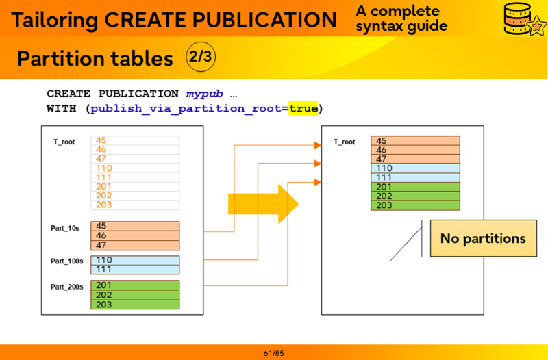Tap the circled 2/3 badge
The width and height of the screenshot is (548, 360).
(200, 57)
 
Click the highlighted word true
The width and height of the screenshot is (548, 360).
(303, 108)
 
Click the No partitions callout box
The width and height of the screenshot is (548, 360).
(483, 238)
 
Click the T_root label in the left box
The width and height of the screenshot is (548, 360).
(64, 142)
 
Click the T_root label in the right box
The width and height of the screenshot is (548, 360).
(345, 142)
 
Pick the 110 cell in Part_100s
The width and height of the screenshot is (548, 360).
(134, 260)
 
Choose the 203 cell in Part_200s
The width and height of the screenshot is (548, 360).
(134, 305)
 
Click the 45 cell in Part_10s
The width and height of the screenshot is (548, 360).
(134, 226)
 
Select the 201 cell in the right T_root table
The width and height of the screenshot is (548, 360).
(415, 187)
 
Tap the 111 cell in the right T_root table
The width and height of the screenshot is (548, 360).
(415, 177)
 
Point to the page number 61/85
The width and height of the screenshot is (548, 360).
(273, 353)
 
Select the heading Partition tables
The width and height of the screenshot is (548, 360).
(95, 59)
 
